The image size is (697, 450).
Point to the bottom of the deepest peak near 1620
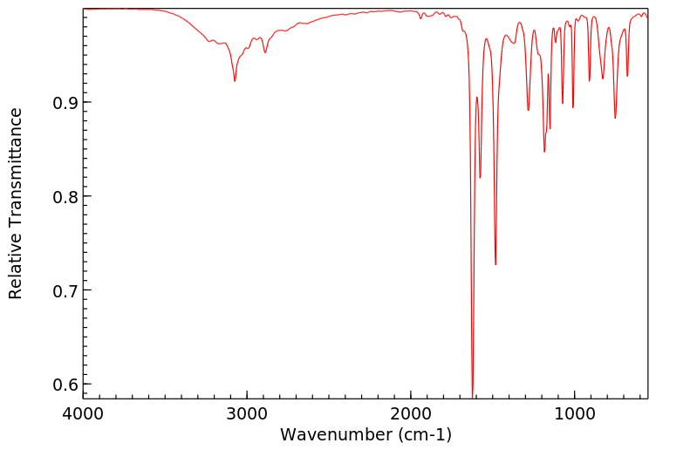(473, 396)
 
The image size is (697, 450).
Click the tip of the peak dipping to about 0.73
(495, 264)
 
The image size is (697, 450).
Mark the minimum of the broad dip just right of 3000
(235, 81)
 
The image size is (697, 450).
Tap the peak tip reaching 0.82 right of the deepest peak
(480, 178)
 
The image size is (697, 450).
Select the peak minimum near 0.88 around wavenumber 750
(615, 118)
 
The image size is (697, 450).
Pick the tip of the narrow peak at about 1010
(573, 106)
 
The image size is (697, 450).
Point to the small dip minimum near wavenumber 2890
(265, 52)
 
